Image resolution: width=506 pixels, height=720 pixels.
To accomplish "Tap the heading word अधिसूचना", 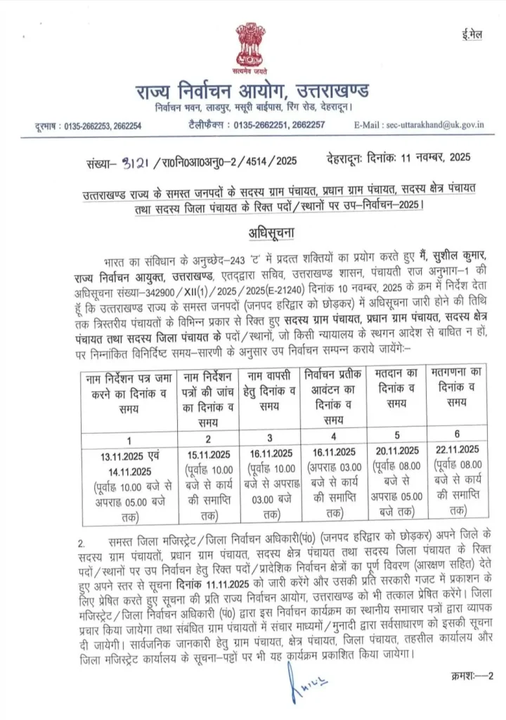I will (x=254, y=233).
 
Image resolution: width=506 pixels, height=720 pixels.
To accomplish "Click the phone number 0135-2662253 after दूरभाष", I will (x=84, y=125).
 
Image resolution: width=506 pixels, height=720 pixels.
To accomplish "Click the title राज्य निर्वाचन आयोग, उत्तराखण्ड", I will (x=254, y=92).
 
